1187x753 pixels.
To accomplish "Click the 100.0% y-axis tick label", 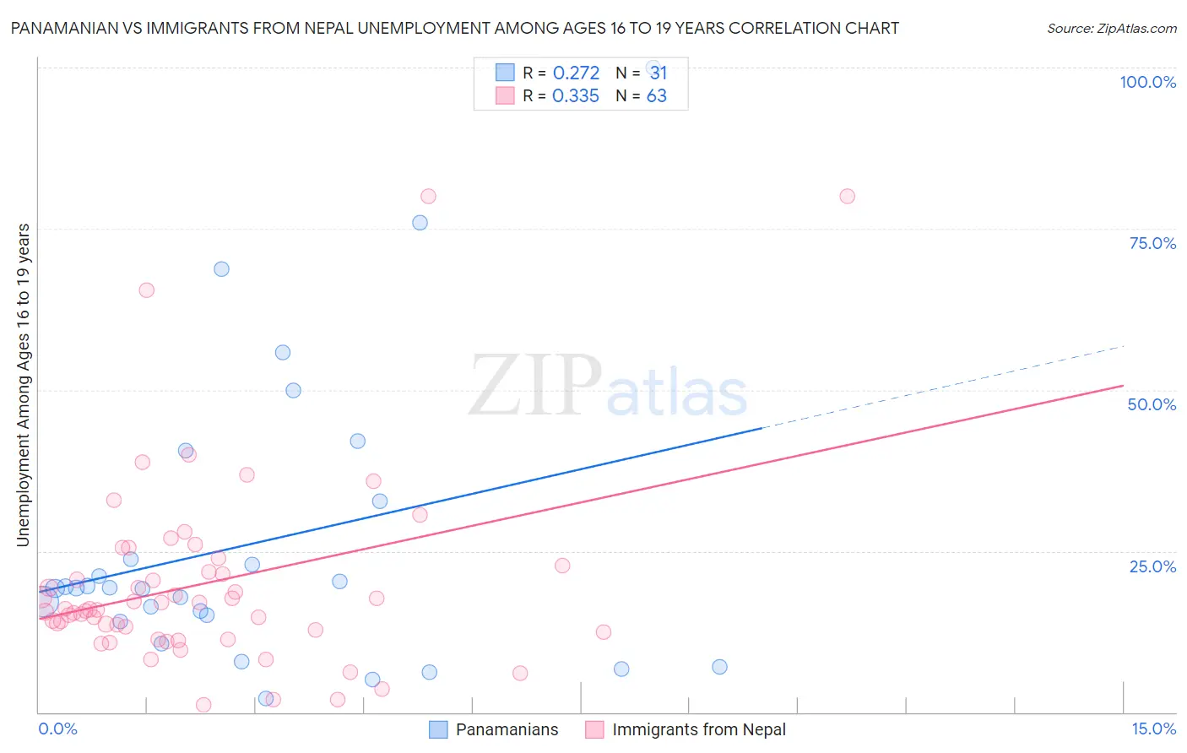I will (x=1147, y=82).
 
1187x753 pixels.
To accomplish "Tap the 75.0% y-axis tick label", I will (x=1152, y=243).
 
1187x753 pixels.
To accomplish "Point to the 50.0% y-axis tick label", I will (x=1152, y=404).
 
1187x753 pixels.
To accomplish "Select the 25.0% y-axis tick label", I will (x=1152, y=566).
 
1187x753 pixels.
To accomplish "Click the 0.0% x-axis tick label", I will (x=57, y=729).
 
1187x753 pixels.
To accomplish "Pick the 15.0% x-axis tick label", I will (x=1153, y=729).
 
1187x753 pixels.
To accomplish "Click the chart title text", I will (x=454, y=28).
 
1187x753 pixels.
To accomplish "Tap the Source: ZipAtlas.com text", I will (x=1111, y=28).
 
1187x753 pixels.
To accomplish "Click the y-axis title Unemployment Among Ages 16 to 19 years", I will (x=24, y=385).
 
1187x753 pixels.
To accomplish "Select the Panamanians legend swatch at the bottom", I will (x=438, y=729).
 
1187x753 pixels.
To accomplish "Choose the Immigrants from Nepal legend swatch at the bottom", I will (x=594, y=729).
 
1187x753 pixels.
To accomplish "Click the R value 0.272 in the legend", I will (x=576, y=73).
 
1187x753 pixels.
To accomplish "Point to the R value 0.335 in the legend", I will (x=576, y=96).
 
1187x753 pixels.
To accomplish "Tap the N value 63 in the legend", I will (x=657, y=96).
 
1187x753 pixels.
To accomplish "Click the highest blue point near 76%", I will (x=420, y=223).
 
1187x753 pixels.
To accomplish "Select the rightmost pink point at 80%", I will (x=847, y=197).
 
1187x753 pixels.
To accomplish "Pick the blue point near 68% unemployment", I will (x=221, y=269).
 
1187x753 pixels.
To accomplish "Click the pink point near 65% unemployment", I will (x=146, y=290).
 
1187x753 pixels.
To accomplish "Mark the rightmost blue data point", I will (x=719, y=667).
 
